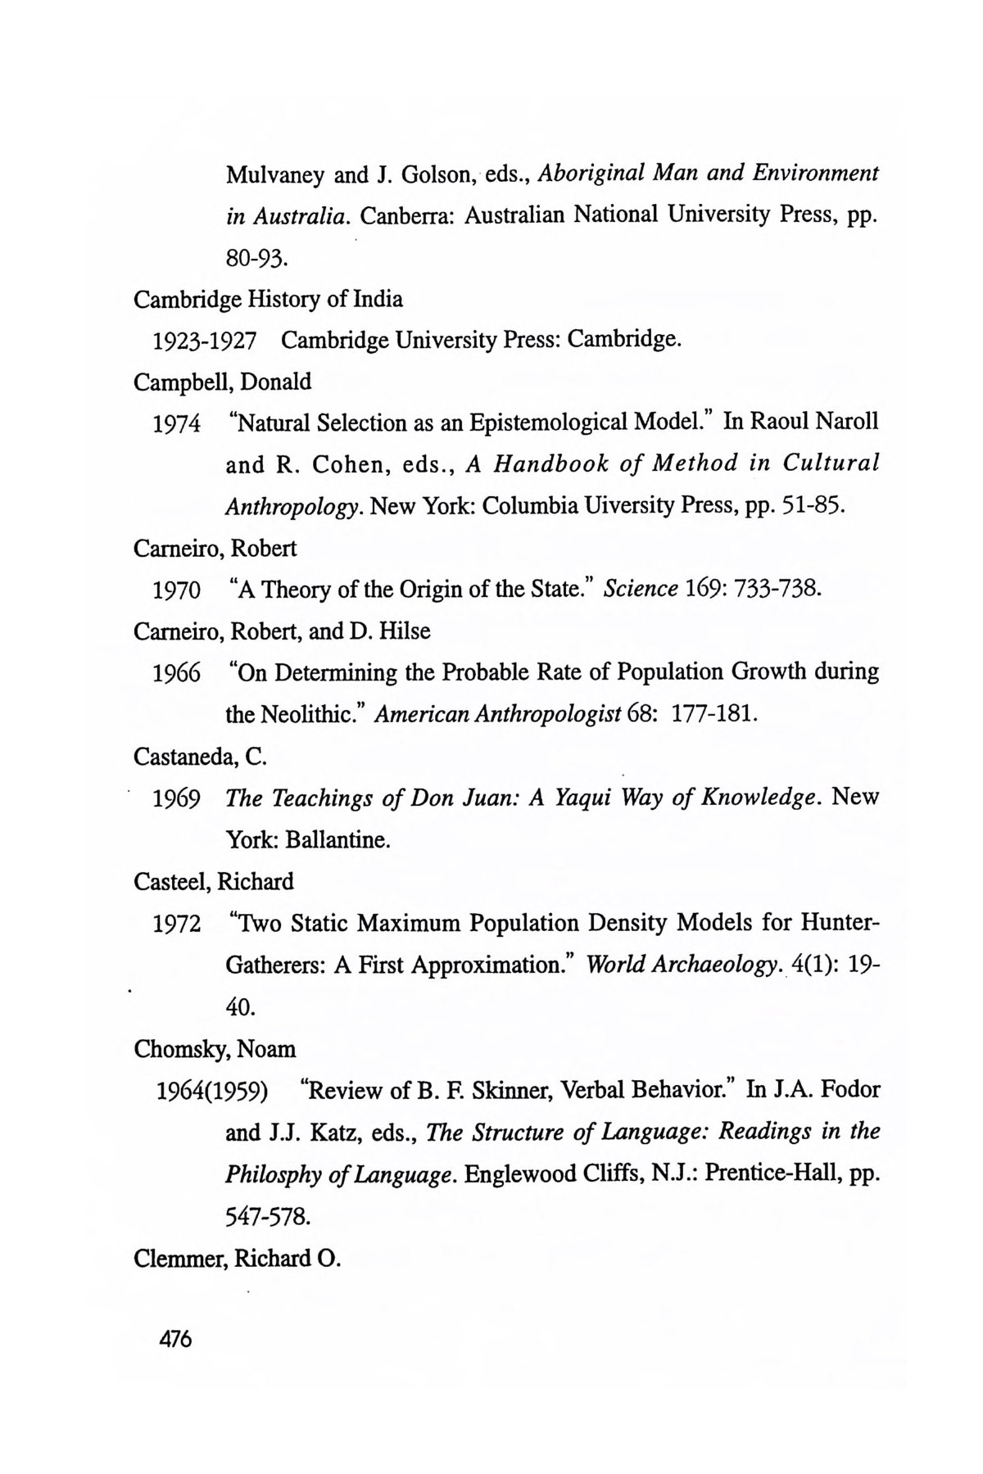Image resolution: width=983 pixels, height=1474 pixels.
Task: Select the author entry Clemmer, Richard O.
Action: click(x=237, y=1258)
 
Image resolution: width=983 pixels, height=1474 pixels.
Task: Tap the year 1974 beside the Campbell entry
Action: click(x=177, y=424)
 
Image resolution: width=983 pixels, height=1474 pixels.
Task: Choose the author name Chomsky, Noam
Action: click(x=215, y=1049)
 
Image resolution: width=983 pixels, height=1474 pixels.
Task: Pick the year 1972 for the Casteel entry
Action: click(x=177, y=925)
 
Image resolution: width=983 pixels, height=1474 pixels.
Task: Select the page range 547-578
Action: click(x=267, y=1217)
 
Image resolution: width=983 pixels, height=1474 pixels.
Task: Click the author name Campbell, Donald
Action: click(x=222, y=382)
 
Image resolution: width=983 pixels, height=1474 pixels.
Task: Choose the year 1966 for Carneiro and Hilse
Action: click(x=177, y=673)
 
